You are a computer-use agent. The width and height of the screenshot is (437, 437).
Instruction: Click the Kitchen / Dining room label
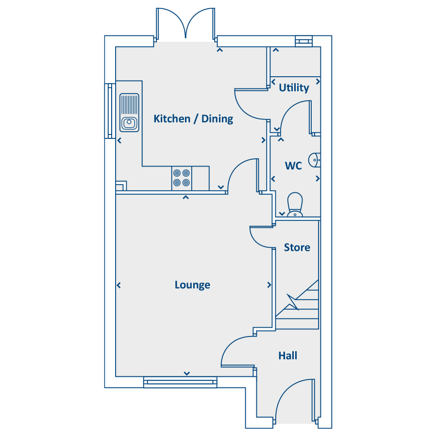pyautogui.click(x=193, y=119)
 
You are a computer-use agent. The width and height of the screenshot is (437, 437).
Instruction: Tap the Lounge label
pyautogui.click(x=192, y=285)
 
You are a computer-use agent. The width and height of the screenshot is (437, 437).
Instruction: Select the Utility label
pyautogui.click(x=294, y=88)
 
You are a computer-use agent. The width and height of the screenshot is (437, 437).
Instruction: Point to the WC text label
pyautogui.click(x=293, y=166)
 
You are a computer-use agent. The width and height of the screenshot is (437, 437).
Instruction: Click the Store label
pyautogui.click(x=297, y=248)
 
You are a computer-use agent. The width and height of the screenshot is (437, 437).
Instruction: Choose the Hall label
pyautogui.click(x=287, y=355)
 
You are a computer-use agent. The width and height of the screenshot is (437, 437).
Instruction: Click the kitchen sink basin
pyautogui.click(x=129, y=123)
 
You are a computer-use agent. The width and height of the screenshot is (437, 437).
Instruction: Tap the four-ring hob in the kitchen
pyautogui.click(x=182, y=178)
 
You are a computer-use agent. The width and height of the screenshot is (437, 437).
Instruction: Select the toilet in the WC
pyautogui.click(x=295, y=205)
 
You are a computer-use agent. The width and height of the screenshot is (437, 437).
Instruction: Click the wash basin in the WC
pyautogui.click(x=314, y=160)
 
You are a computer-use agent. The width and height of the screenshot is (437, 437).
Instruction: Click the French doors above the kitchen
pyautogui.click(x=185, y=24)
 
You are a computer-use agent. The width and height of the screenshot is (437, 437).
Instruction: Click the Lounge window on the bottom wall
pyautogui.click(x=180, y=382)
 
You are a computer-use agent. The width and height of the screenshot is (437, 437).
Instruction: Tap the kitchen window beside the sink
pyautogui.click(x=110, y=111)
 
